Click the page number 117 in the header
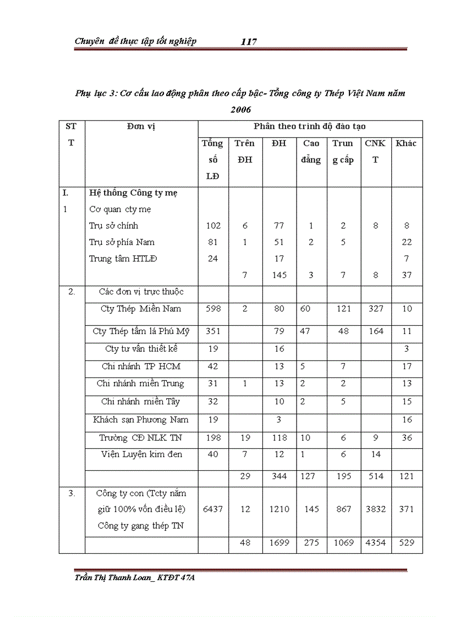(249, 42)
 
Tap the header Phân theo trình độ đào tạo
(310, 126)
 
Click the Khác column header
(406, 143)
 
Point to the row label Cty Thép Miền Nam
(141, 309)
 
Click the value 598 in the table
(213, 309)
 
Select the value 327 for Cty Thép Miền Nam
(376, 309)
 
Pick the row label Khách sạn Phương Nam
(141, 420)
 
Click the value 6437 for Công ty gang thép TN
(213, 509)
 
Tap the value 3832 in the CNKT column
(376, 509)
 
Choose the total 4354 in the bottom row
(376, 543)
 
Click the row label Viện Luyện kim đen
(141, 454)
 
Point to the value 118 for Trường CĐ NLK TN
(280, 438)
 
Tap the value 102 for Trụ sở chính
(213, 226)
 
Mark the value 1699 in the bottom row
(280, 543)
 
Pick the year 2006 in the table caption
(240, 110)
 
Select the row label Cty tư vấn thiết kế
(141, 349)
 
